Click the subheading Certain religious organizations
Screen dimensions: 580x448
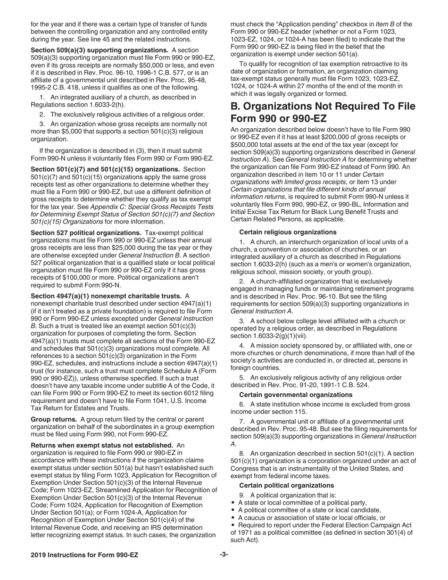tap(288, 232)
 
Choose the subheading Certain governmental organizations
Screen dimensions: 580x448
tap(296, 395)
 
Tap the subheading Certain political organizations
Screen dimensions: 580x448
tap(287, 485)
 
